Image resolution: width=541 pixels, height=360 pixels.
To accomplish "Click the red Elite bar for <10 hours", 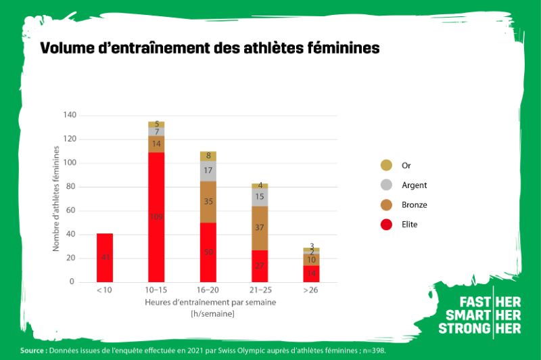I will (x=105, y=257).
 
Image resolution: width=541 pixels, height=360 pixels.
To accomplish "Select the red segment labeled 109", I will (x=156, y=217).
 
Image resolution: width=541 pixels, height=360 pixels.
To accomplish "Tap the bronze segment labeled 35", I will (x=208, y=201).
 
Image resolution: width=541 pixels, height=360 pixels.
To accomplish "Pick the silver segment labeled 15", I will (x=260, y=196).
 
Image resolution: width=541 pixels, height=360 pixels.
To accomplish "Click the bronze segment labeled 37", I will (x=260, y=227).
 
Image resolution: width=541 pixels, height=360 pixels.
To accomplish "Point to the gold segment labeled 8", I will (x=208, y=156).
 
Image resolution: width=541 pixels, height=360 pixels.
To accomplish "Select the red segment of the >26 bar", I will (x=311, y=273).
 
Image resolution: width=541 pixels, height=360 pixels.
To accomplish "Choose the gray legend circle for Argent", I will (x=386, y=185).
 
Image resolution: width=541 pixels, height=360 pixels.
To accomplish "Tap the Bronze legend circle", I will (x=386, y=204).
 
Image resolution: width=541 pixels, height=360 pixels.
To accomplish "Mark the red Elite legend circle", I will (x=386, y=224).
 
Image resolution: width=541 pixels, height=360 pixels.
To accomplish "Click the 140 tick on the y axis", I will (x=69, y=115).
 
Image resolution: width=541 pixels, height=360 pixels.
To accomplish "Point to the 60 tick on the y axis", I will (x=71, y=210).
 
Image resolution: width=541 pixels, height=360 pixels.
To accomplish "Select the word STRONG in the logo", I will (x=464, y=328).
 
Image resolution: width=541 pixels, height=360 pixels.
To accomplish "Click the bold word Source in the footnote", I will (x=32, y=351).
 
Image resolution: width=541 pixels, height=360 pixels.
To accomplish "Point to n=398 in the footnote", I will (x=373, y=351).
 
